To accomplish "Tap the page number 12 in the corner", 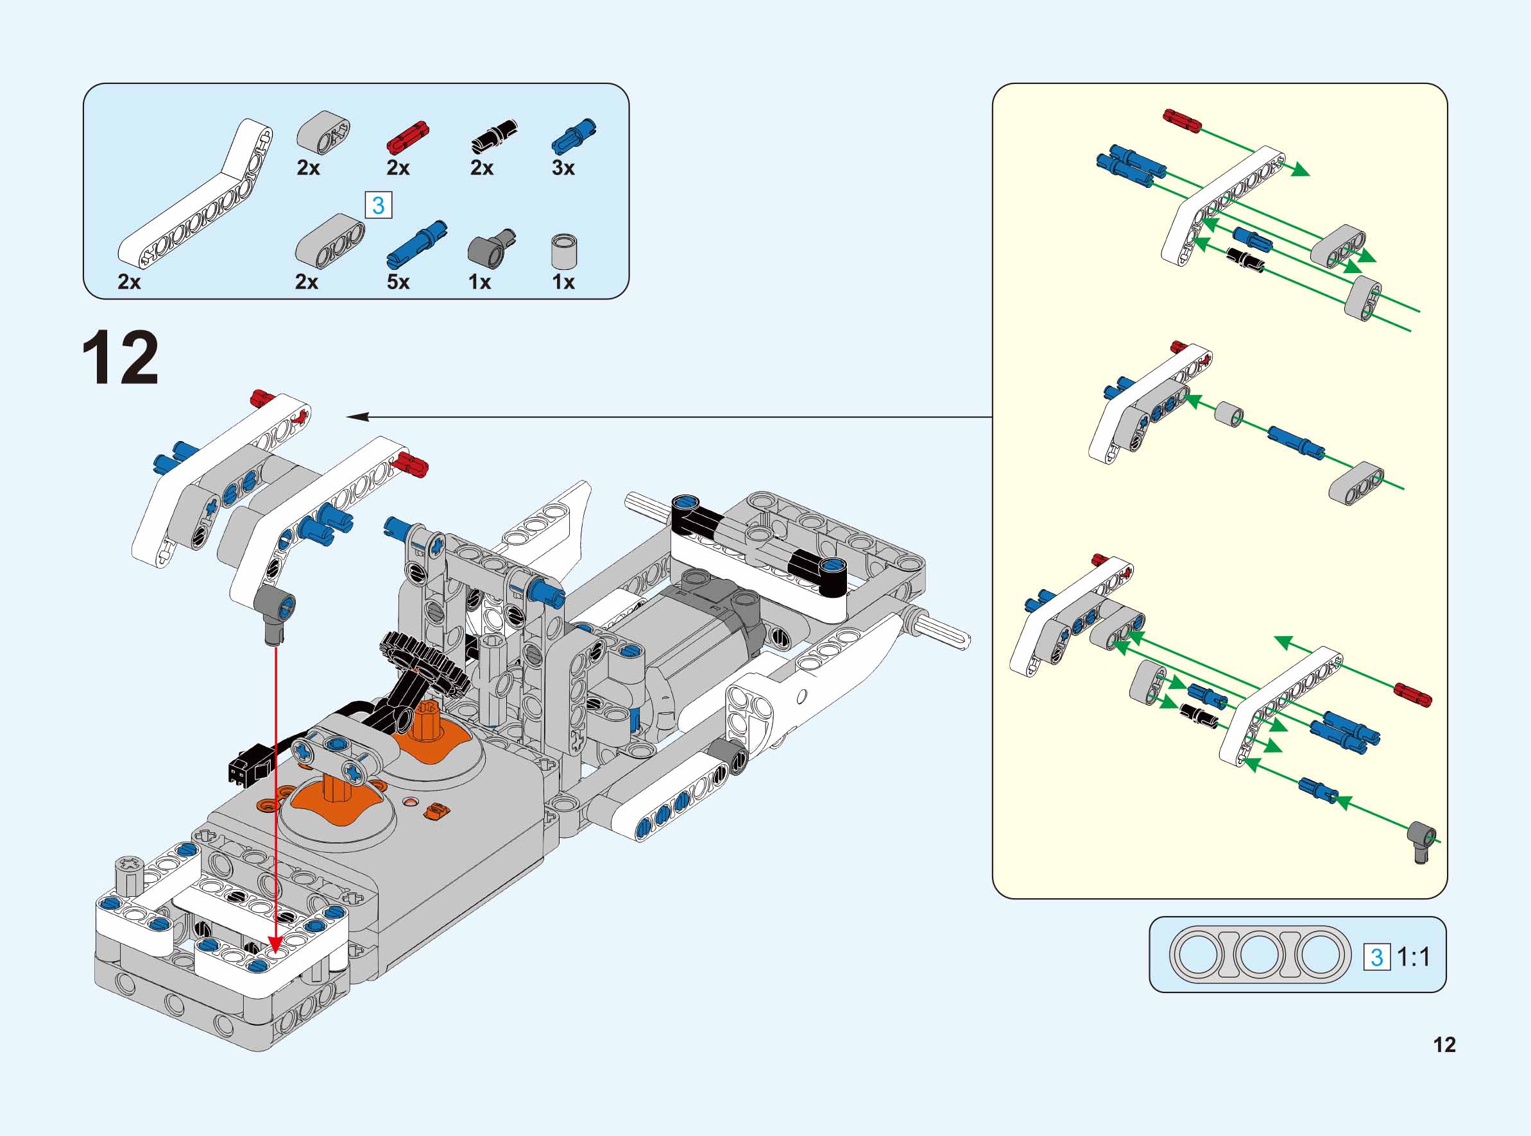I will point(1444,1045).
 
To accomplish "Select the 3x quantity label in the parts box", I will point(563,168).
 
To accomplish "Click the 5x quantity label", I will point(398,282).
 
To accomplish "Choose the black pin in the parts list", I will point(494,136).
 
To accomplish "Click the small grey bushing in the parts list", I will point(564,252).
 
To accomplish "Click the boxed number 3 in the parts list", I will point(379,205).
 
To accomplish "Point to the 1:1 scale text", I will point(1414,957).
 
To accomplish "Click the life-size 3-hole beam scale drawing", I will point(1258,955).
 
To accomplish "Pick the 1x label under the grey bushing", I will point(563,282).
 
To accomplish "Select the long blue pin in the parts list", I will point(416,244).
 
